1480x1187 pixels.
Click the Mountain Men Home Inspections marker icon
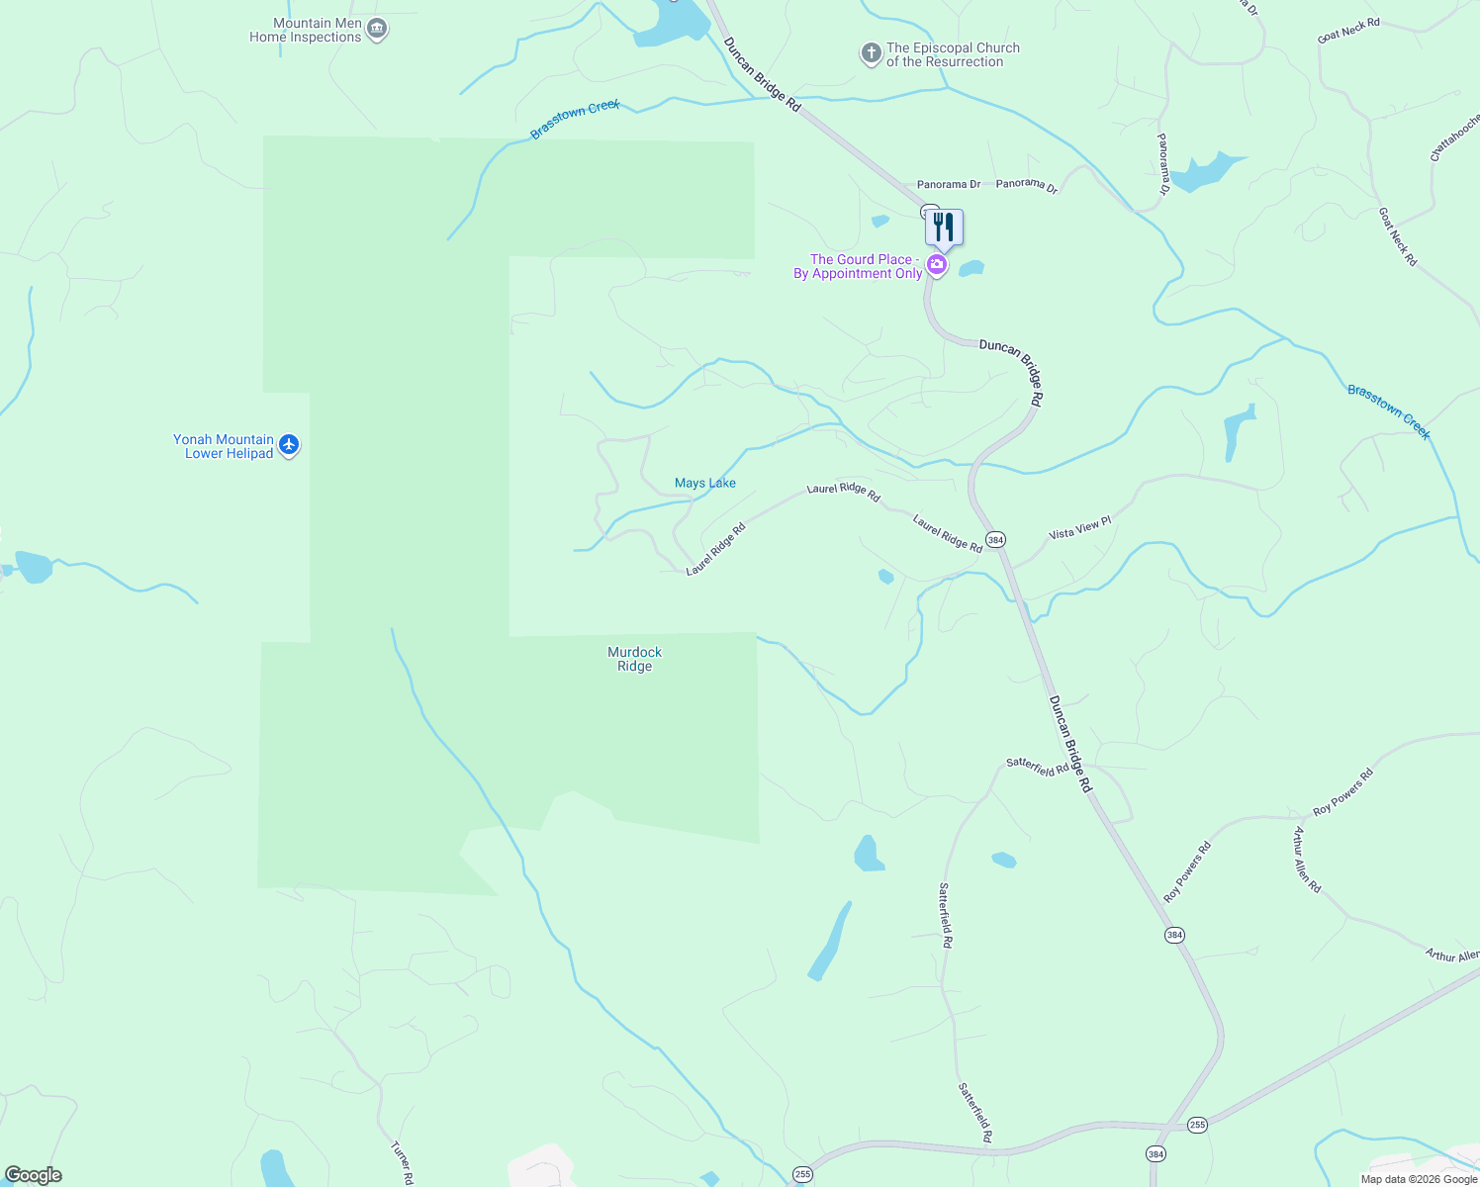coord(376,29)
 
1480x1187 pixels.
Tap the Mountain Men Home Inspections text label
coord(306,31)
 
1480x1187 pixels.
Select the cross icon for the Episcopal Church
coord(871,53)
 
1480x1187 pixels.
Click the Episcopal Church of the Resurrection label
coord(952,54)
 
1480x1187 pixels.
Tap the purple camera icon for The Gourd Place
coord(936,265)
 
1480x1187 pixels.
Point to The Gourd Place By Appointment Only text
coord(859,267)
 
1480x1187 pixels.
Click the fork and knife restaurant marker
coord(944,228)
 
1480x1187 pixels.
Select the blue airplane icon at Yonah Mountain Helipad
coord(289,445)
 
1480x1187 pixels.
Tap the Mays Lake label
coord(705,483)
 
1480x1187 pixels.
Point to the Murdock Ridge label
coord(634,659)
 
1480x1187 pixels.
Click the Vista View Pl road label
coord(1080,528)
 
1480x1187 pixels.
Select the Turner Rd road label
coord(402,1163)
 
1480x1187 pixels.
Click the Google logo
coord(34,1175)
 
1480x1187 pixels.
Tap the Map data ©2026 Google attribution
coord(1419,1179)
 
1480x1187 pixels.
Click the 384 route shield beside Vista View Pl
coord(995,539)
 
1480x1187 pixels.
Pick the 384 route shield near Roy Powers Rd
coord(1174,935)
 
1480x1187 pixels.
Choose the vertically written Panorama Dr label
coord(1163,164)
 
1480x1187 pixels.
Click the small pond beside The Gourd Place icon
coord(971,268)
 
